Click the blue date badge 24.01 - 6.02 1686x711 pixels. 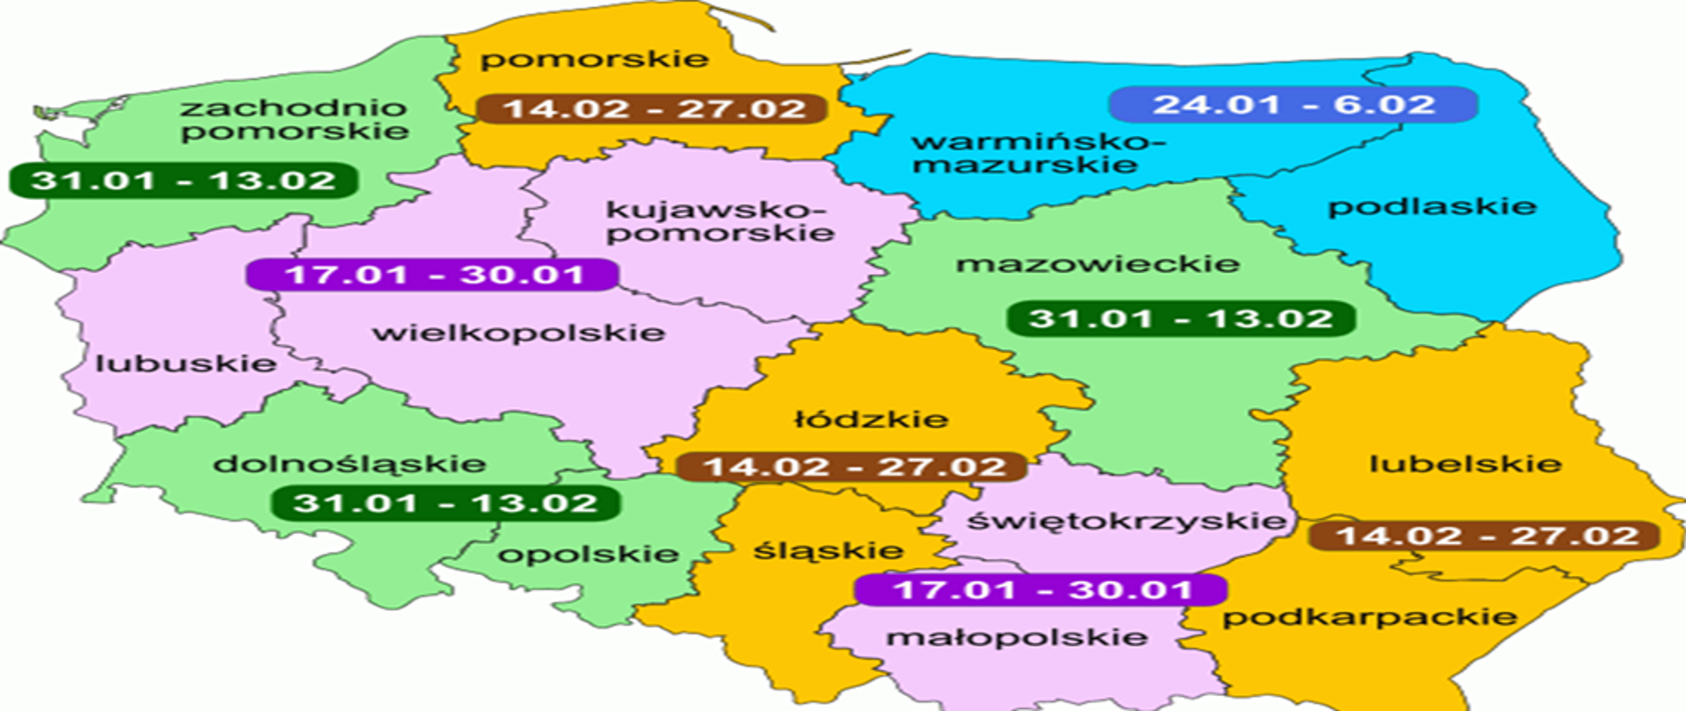click(1293, 104)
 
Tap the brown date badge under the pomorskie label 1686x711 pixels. click(652, 109)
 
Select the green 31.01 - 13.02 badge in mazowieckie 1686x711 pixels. click(1180, 319)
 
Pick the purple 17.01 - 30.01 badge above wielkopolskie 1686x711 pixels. click(433, 275)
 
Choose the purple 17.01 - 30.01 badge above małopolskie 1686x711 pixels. click(1041, 589)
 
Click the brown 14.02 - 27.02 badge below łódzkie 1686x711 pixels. click(853, 467)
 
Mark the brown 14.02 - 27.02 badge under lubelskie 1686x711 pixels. click(1485, 535)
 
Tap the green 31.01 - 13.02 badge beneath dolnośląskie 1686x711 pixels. click(446, 504)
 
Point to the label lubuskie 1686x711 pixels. click(185, 363)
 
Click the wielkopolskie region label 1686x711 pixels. click(518, 334)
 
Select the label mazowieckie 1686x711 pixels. click(1098, 263)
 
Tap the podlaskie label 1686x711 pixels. click(1431, 207)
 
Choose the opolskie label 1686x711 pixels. click(587, 554)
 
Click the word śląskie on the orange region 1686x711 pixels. click(828, 551)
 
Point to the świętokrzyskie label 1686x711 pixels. click(1126, 521)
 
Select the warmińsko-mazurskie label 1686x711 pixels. click(1036, 153)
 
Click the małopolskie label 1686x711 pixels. click(1016, 637)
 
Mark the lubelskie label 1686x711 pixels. click(1465, 463)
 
